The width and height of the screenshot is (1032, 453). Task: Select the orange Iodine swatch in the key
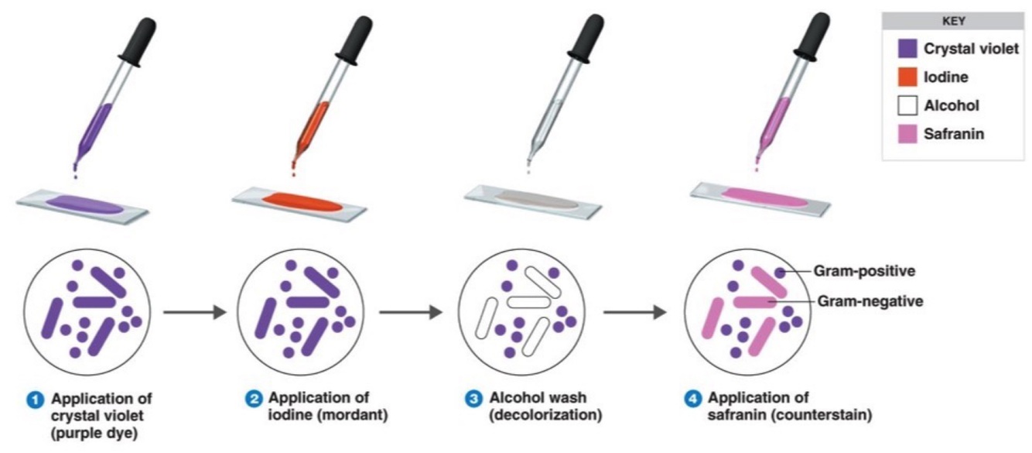point(907,77)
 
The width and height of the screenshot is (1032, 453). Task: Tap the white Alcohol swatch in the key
point(907,105)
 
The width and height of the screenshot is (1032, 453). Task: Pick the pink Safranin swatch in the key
point(907,133)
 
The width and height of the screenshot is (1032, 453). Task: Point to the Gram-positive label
point(864,272)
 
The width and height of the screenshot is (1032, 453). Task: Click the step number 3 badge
point(473,399)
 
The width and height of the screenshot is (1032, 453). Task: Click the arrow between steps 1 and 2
point(194,312)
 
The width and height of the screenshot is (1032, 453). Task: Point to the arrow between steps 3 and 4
point(634,312)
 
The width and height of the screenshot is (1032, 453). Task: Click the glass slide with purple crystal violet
point(80,204)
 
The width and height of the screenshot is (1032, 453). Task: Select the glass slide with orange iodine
point(299,202)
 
